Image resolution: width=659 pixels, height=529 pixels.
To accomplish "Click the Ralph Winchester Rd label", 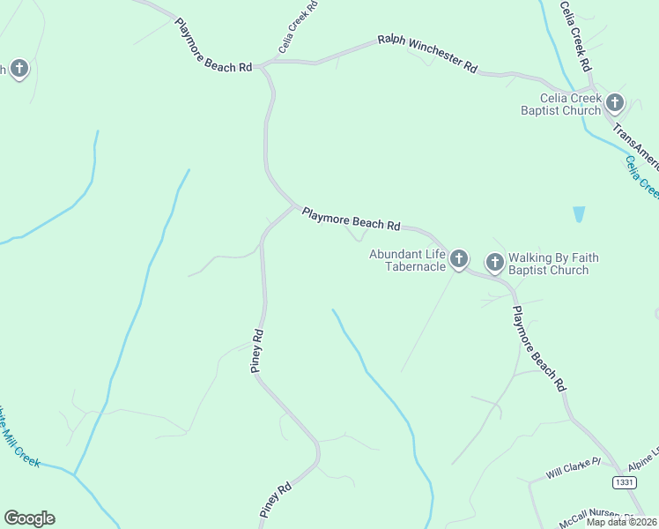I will click(427, 53).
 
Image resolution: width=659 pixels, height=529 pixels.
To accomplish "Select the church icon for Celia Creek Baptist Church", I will click(615, 103).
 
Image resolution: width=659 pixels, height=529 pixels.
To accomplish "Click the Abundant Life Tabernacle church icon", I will click(458, 259).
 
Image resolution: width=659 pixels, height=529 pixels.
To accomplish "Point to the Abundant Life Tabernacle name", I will click(407, 260).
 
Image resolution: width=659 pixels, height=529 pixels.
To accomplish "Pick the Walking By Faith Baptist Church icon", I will click(495, 262).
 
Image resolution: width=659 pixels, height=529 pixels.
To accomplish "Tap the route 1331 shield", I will click(624, 482).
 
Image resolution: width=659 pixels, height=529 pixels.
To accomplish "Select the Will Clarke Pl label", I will click(573, 468).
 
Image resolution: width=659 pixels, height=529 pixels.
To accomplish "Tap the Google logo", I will click(29, 518).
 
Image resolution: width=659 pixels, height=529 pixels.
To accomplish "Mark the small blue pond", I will click(579, 214).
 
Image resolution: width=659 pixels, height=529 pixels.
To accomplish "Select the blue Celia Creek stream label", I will click(641, 175).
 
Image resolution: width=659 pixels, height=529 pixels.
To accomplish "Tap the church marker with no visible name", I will click(19, 69).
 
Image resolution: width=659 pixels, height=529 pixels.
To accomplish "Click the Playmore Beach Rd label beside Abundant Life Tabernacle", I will click(351, 220).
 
